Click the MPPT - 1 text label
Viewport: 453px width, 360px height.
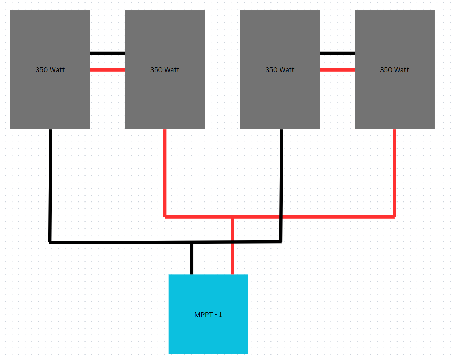click(x=208, y=315)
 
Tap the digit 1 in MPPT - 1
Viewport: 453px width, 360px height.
click(x=220, y=315)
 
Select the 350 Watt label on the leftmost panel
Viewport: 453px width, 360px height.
click(x=50, y=70)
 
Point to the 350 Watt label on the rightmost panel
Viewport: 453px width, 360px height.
click(x=394, y=70)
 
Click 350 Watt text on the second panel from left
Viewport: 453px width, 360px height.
click(x=165, y=70)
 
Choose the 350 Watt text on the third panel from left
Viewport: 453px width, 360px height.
click(x=280, y=70)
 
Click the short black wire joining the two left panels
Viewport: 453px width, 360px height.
click(x=107, y=53)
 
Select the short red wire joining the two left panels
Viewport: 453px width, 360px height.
click(x=107, y=70)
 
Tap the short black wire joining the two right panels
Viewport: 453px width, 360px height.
click(x=337, y=53)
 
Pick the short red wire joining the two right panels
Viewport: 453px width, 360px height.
click(x=337, y=70)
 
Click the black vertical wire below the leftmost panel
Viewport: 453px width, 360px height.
click(x=50, y=185)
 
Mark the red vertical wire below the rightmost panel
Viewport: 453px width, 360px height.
click(x=394, y=173)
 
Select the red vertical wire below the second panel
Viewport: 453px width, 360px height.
click(x=165, y=173)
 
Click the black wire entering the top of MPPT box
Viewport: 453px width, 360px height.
click(x=192, y=259)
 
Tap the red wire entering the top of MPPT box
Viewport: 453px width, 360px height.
click(x=232, y=245)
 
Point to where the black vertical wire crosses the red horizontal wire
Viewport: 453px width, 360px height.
click(x=281, y=217)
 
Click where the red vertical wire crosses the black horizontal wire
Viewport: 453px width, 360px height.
click(x=232, y=242)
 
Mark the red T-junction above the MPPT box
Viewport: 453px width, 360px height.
click(x=232, y=217)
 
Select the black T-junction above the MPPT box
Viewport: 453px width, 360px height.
click(x=192, y=242)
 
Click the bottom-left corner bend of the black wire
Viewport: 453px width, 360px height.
click(x=50, y=243)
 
